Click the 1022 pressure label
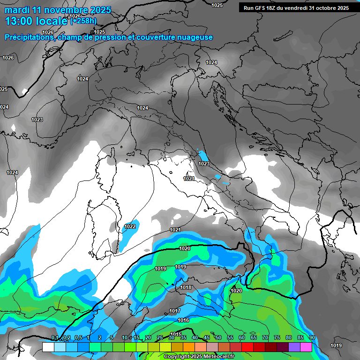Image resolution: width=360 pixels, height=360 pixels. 130,226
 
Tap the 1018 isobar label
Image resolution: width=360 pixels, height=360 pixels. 186,287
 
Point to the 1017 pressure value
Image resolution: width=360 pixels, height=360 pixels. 175,311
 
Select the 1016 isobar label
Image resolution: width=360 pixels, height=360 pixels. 183,320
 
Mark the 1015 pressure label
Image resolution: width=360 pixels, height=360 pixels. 176,334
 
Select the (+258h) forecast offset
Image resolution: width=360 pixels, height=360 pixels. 83,21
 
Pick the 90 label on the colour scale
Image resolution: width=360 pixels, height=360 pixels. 312,337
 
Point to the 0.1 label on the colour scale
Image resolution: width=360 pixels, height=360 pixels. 55,337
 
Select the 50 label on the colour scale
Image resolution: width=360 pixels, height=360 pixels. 218,337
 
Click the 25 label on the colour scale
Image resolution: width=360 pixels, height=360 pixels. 160,337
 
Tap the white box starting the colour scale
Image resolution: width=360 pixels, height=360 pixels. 48,347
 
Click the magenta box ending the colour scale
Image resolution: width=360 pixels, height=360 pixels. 306,347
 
